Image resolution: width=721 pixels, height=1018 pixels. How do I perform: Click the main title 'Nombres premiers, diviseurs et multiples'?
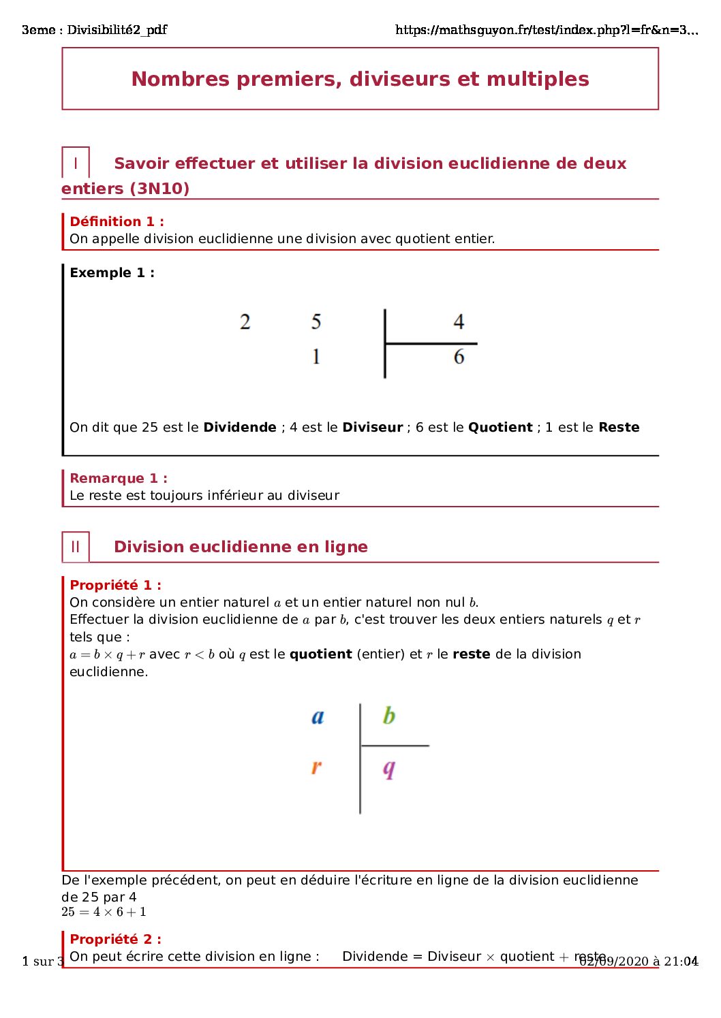tap(360, 79)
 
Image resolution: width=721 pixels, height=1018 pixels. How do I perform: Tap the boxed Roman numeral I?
tap(75, 163)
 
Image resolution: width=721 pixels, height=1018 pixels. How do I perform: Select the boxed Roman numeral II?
tap(75, 547)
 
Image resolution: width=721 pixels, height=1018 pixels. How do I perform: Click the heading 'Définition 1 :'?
tap(117, 221)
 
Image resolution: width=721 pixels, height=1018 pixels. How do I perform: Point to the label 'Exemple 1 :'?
tap(112, 272)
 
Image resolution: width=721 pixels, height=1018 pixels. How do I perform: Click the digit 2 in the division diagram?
tap(245, 321)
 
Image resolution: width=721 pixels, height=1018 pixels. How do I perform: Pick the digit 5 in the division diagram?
tap(316, 321)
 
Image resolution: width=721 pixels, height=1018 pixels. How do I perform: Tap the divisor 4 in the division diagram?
tap(459, 321)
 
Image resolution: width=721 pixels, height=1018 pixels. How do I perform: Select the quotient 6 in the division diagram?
tap(459, 357)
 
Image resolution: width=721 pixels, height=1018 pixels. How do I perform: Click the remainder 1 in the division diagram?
tap(316, 357)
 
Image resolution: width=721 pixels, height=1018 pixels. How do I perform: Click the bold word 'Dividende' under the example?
tap(240, 428)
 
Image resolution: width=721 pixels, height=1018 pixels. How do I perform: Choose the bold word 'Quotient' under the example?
tap(500, 428)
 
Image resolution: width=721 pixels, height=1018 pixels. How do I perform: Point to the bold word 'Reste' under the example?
tap(619, 428)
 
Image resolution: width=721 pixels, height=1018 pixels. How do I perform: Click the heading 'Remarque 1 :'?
tap(119, 478)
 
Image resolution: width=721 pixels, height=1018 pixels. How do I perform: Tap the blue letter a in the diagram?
tap(318, 716)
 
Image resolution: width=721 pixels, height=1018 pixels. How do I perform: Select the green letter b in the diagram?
tap(388, 716)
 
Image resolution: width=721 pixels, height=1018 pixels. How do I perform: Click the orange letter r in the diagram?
tap(316, 767)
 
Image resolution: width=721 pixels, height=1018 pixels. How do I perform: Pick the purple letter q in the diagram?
tap(388, 769)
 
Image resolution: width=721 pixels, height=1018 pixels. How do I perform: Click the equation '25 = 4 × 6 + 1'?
tap(104, 912)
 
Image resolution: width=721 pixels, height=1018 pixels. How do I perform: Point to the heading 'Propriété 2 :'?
tap(115, 939)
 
